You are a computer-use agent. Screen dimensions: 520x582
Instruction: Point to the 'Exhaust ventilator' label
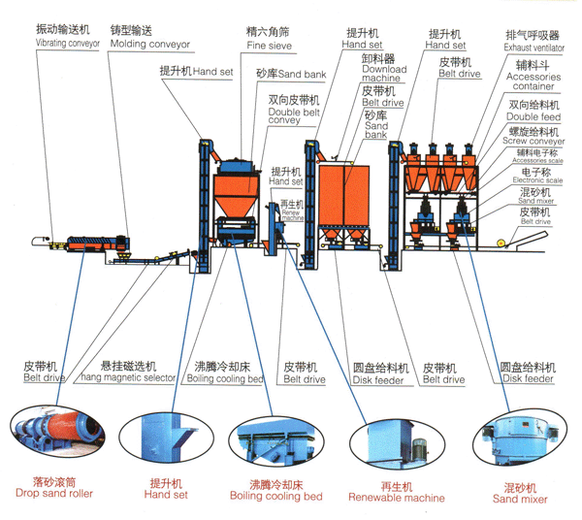(533, 47)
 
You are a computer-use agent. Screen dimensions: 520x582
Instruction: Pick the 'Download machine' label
(383, 76)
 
